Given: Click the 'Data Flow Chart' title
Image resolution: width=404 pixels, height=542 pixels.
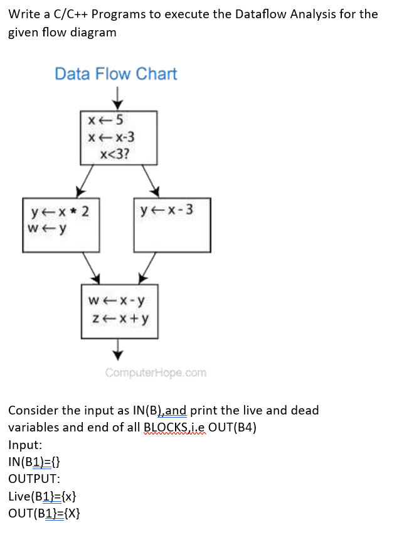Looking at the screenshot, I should click(x=116, y=74).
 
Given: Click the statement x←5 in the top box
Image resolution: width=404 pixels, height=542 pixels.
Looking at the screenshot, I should click(x=106, y=120).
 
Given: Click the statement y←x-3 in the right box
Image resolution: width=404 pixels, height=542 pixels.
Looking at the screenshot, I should click(x=167, y=210).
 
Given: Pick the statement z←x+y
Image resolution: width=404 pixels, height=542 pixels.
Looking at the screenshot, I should click(x=119, y=319).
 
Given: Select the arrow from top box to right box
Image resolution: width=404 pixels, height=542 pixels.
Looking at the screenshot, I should click(x=151, y=181).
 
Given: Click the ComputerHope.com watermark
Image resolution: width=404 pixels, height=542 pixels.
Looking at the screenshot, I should click(x=156, y=373).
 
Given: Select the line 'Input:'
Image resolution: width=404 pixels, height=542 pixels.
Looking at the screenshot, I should click(x=25, y=445).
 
